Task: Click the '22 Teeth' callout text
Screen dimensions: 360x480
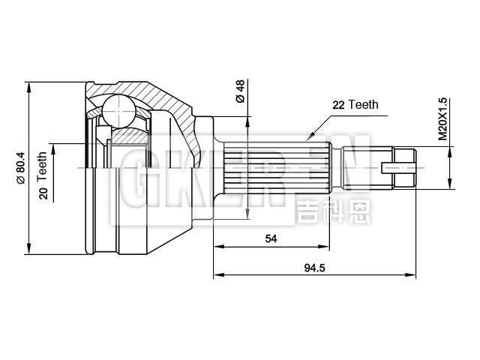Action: [x=355, y=106]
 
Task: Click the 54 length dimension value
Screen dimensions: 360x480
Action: [x=271, y=238]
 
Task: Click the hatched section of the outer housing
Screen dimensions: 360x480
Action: [x=157, y=94]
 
